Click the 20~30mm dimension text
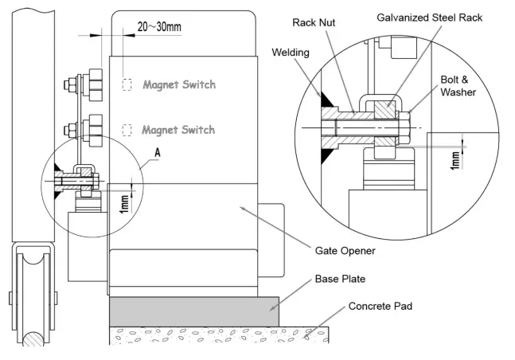(158, 27)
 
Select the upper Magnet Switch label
(179, 84)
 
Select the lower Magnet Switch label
(178, 129)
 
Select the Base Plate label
(342, 280)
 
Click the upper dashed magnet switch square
(127, 84)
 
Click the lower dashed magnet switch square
(127, 129)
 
